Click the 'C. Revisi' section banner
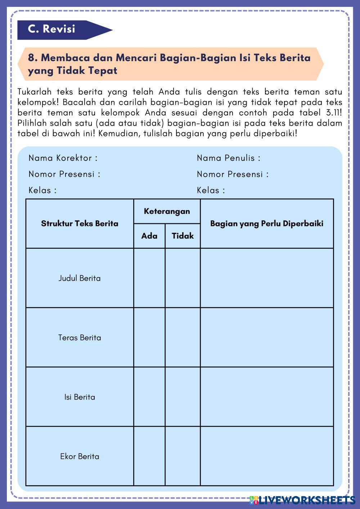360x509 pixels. [52, 29]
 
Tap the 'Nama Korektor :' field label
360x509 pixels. [63, 158]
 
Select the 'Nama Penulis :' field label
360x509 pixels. [229, 158]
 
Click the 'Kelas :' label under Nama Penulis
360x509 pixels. [211, 190]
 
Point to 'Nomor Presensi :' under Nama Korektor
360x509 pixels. [64, 174]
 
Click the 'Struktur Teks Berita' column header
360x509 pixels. [80, 224]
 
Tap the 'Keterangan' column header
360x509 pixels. [167, 211]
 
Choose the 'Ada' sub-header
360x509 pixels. [149, 236]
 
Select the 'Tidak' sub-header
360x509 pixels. [183, 236]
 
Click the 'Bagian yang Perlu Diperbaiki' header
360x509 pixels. [267, 224]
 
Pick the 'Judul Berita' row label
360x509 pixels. [80, 278]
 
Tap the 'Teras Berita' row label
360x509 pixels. [80, 338]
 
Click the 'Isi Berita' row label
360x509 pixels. [80, 397]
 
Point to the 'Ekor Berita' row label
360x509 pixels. [80, 456]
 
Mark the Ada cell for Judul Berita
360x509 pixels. [149, 278]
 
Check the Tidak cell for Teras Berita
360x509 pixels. [183, 337]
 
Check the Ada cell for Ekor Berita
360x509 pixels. [149, 456]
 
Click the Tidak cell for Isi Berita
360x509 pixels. [183, 397]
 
